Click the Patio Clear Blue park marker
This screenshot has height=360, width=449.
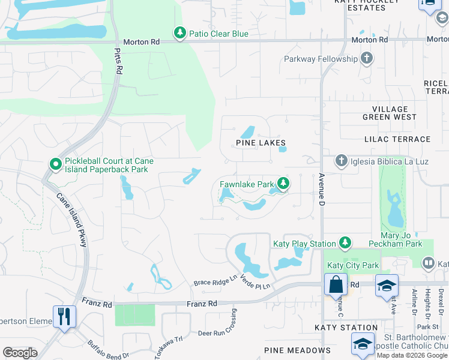click(x=179, y=32)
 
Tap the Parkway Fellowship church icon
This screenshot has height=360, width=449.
click(x=366, y=59)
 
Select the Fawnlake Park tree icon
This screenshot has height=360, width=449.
click(x=284, y=184)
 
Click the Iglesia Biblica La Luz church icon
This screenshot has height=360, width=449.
click(x=341, y=160)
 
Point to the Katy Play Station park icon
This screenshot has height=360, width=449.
click(x=345, y=242)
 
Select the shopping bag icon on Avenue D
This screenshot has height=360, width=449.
click(x=336, y=284)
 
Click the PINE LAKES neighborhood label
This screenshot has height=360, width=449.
click(x=261, y=143)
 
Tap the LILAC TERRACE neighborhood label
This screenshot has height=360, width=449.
click(x=397, y=139)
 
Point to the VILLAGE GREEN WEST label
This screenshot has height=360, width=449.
click(x=389, y=113)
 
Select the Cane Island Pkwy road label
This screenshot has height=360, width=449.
click(x=72, y=219)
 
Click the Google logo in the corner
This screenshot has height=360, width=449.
click(x=20, y=352)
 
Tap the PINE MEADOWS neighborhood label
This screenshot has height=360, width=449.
click(x=297, y=350)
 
